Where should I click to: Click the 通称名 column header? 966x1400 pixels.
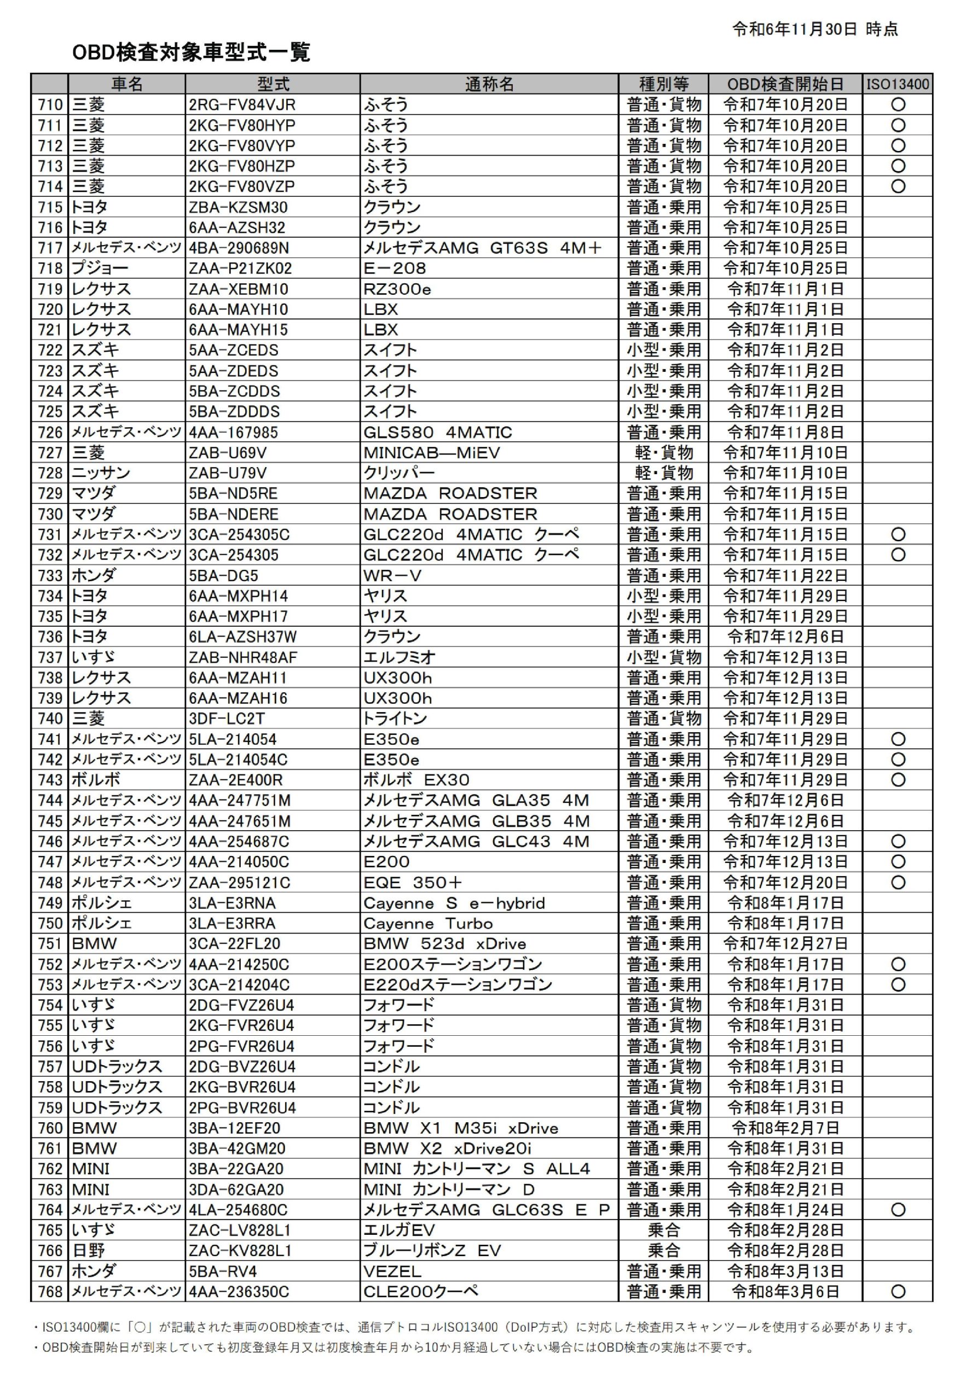[x=489, y=84]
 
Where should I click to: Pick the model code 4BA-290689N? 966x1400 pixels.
[x=239, y=248]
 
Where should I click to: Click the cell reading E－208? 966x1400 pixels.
[x=395, y=269]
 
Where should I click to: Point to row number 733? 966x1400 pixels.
[x=50, y=576]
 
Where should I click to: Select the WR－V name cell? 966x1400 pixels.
[x=392, y=576]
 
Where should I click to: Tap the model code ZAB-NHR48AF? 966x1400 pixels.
[x=244, y=657]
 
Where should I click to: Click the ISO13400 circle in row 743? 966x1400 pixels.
[x=898, y=780]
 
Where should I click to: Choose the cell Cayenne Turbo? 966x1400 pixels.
[x=428, y=924]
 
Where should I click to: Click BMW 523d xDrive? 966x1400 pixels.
[x=445, y=944]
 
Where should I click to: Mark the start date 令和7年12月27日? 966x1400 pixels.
[x=785, y=944]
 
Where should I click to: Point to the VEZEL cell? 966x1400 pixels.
[x=392, y=1272]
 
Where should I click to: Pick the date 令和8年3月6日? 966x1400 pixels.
[x=785, y=1292]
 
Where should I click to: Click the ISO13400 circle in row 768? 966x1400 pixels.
[x=898, y=1292]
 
